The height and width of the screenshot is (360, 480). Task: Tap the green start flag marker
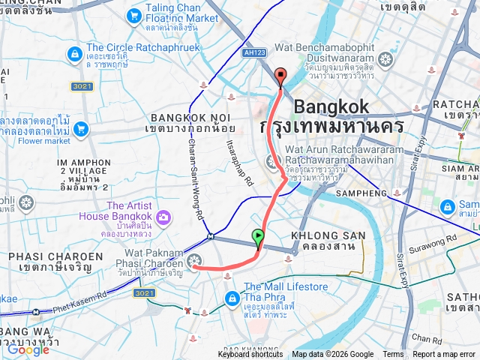[x=258, y=238]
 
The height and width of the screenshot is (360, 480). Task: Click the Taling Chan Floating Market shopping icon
[x=134, y=15]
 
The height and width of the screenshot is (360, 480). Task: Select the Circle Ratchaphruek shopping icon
[x=74, y=54]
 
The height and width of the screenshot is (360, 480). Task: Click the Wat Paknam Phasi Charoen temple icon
[x=195, y=261]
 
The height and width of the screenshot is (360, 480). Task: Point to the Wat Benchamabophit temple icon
[x=386, y=59]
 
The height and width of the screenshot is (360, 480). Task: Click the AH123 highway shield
[x=253, y=53]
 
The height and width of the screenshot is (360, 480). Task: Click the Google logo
[x=28, y=349]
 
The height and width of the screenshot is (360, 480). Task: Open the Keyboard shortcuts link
[x=250, y=355]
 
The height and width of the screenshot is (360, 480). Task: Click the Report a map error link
[x=444, y=355]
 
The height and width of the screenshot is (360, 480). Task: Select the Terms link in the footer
[x=393, y=355]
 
